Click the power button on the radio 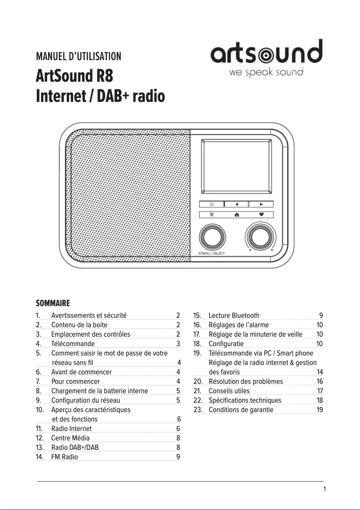pyautogui.click(x=212, y=204)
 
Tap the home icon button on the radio pyautogui.click(x=237, y=215)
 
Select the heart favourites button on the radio pyautogui.click(x=261, y=215)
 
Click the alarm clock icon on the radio pyautogui.click(x=212, y=215)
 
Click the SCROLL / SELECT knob pyautogui.click(x=212, y=237)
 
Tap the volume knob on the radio pyautogui.click(x=260, y=236)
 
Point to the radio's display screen pyautogui.click(x=237, y=166)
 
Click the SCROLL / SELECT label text pyautogui.click(x=211, y=253)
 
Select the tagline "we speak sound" pyautogui.click(x=266, y=72)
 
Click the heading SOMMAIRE pyautogui.click(x=53, y=303)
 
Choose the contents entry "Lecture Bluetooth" pyautogui.click(x=234, y=315)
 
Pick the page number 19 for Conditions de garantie pyautogui.click(x=320, y=409)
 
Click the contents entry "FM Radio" pyautogui.click(x=64, y=457)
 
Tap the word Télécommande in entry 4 pyautogui.click(x=73, y=343)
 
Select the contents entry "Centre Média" pyautogui.click(x=70, y=438)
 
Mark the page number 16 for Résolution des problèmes pyautogui.click(x=320, y=381)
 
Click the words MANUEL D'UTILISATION pyautogui.click(x=79, y=56)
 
